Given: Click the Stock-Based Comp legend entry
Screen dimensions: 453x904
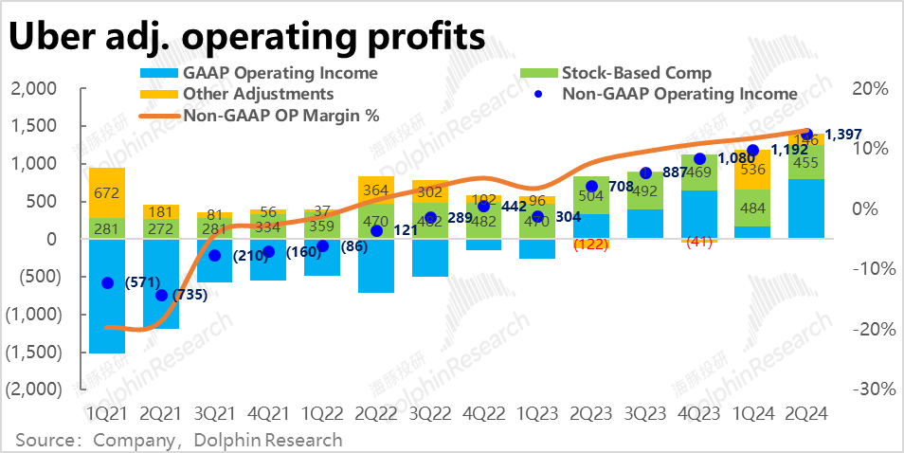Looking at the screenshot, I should click(636, 73).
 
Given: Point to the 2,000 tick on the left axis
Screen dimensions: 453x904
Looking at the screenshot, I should click(33, 89).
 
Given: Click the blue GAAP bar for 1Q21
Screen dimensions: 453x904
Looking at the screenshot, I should click(106, 296).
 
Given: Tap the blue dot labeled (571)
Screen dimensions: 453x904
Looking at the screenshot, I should click(107, 283).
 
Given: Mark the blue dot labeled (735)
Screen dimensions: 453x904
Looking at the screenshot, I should click(161, 295).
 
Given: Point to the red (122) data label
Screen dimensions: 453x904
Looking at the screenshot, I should click(591, 244).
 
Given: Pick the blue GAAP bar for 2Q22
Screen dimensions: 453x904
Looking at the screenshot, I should click(376, 265).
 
